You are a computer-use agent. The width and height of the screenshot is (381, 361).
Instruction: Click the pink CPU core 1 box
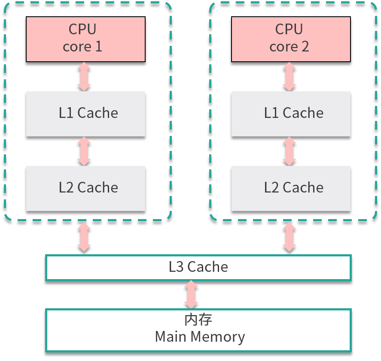[x=85, y=39]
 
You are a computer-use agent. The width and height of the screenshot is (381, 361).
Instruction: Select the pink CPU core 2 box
[x=291, y=39]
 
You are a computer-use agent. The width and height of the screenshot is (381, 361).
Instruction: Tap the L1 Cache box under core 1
[x=85, y=114]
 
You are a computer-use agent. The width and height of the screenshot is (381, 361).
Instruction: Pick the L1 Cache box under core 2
[x=291, y=114]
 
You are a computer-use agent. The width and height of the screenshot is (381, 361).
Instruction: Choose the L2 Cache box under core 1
[x=85, y=188]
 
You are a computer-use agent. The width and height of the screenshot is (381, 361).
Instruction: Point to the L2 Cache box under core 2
[x=291, y=188]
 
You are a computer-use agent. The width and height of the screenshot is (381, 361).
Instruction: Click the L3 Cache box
[x=198, y=268]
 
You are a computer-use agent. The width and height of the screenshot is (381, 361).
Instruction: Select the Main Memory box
[x=198, y=330]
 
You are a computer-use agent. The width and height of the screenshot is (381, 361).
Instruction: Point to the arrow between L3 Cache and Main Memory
[x=191, y=295]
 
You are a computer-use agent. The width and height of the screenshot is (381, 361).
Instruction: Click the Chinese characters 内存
[x=198, y=320]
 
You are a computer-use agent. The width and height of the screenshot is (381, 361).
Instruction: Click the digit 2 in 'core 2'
[x=305, y=46]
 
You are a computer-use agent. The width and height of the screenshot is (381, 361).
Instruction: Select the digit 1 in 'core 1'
[x=98, y=46]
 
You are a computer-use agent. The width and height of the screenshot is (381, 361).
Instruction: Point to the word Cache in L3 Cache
[x=208, y=267]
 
